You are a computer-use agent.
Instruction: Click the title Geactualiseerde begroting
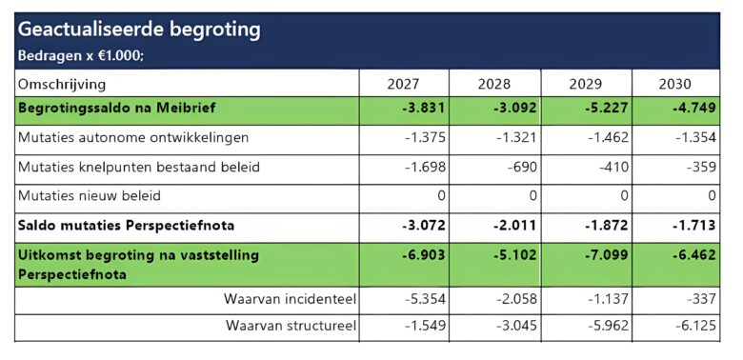point(139,30)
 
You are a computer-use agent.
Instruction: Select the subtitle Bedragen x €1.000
point(81,55)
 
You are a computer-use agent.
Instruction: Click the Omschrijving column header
point(62,85)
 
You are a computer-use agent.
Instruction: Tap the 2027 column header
point(403,85)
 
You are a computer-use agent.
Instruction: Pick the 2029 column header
point(586,85)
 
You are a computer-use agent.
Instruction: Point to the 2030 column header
point(674,85)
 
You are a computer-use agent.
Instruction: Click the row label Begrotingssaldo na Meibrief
point(116,108)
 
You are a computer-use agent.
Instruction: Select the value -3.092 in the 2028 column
point(514,108)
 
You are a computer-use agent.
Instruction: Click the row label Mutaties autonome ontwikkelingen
point(133,138)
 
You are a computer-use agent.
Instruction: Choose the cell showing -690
point(523,168)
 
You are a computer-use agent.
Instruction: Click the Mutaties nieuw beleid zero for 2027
point(441,196)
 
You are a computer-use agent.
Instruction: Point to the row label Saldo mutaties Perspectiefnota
point(126,226)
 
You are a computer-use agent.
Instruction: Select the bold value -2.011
point(514,226)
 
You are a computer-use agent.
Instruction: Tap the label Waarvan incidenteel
point(290,299)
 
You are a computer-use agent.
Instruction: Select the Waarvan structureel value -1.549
point(425,327)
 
